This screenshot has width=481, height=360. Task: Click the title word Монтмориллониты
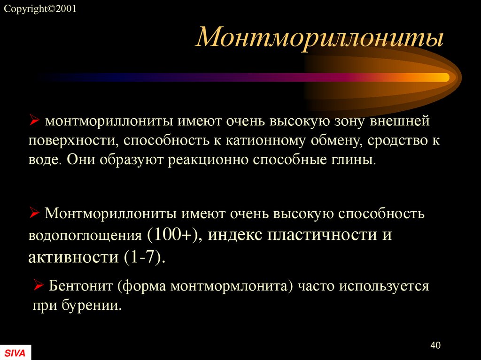[320, 38]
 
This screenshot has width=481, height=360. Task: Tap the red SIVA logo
[15, 352]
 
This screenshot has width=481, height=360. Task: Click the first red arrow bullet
[34, 122]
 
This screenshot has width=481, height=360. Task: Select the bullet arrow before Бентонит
[39, 284]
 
